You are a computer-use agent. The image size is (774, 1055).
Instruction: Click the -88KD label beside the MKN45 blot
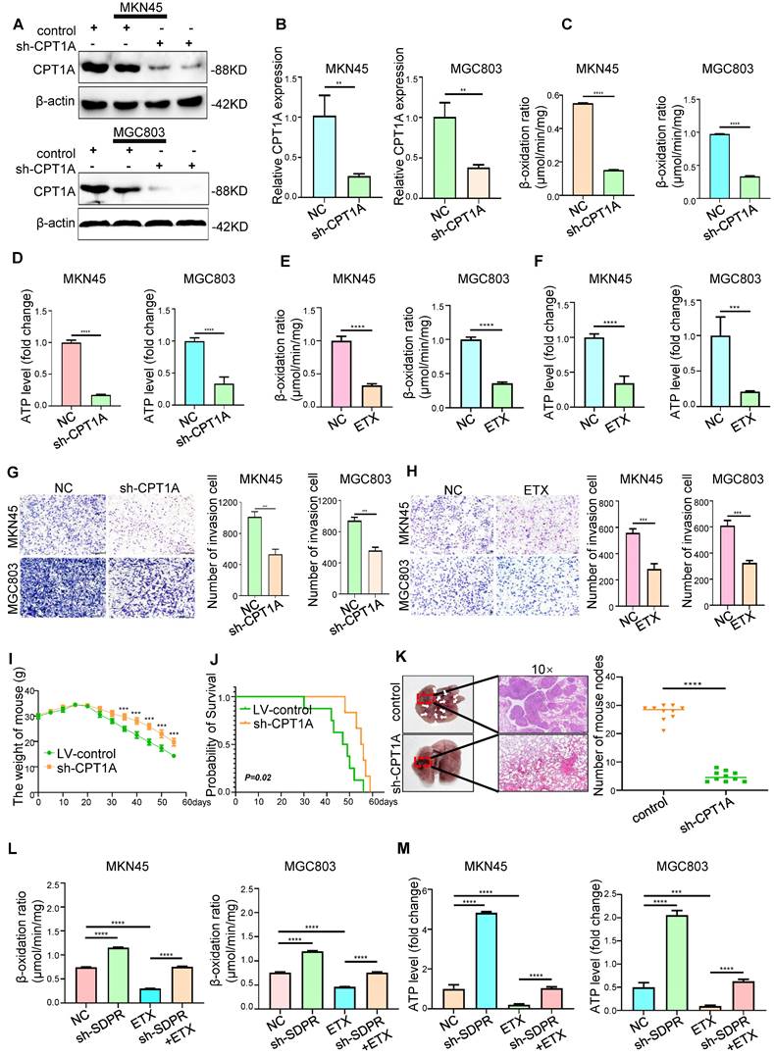[232, 68]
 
